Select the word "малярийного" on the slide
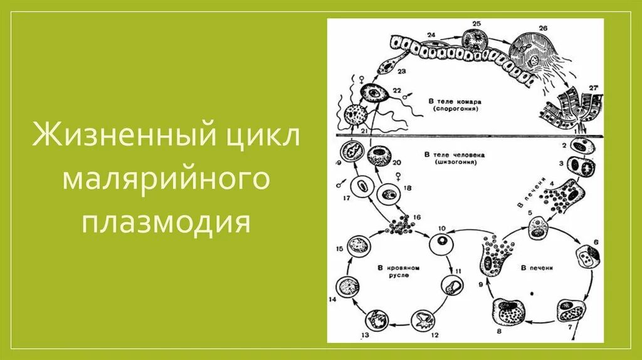(x=166, y=180)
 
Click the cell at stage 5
(x=538, y=231)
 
